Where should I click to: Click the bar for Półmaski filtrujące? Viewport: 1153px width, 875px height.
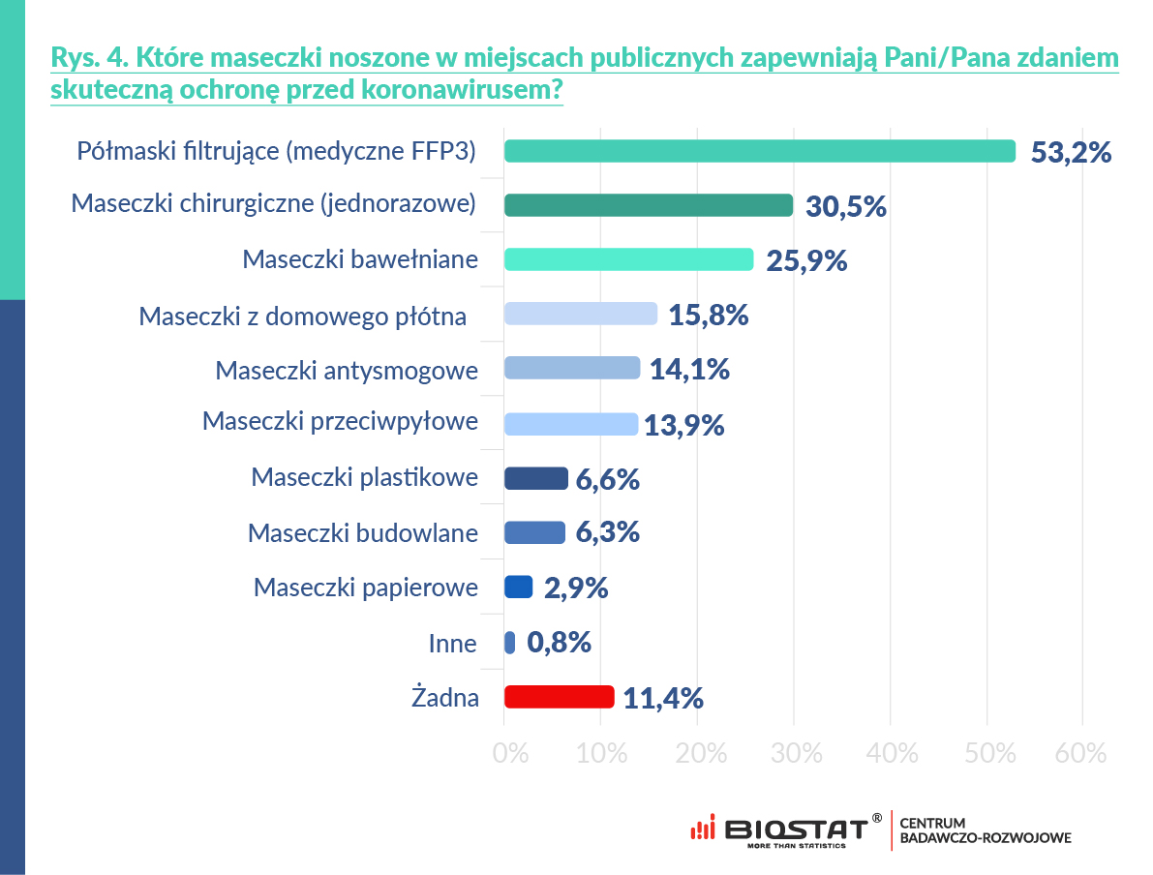(x=760, y=152)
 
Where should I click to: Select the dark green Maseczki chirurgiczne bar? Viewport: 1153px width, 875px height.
(x=649, y=205)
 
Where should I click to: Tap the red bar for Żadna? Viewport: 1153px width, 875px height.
(x=560, y=697)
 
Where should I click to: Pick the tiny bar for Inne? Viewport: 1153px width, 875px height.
(x=510, y=643)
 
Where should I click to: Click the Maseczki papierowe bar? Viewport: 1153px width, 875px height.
(x=519, y=588)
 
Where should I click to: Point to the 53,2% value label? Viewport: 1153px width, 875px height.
(x=1071, y=153)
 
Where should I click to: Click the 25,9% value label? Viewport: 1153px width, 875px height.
(x=806, y=260)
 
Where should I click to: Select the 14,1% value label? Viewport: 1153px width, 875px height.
(x=689, y=370)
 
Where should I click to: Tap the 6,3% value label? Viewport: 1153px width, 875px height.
(x=608, y=532)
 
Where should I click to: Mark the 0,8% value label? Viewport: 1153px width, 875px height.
(x=559, y=643)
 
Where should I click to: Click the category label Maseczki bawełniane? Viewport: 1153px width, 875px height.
(x=360, y=260)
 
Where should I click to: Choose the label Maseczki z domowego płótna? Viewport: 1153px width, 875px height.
(x=303, y=316)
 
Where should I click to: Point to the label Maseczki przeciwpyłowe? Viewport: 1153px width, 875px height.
(x=340, y=423)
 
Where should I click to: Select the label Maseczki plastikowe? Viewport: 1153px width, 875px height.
(x=364, y=477)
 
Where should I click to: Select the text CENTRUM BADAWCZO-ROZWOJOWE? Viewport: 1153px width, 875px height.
(x=985, y=830)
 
